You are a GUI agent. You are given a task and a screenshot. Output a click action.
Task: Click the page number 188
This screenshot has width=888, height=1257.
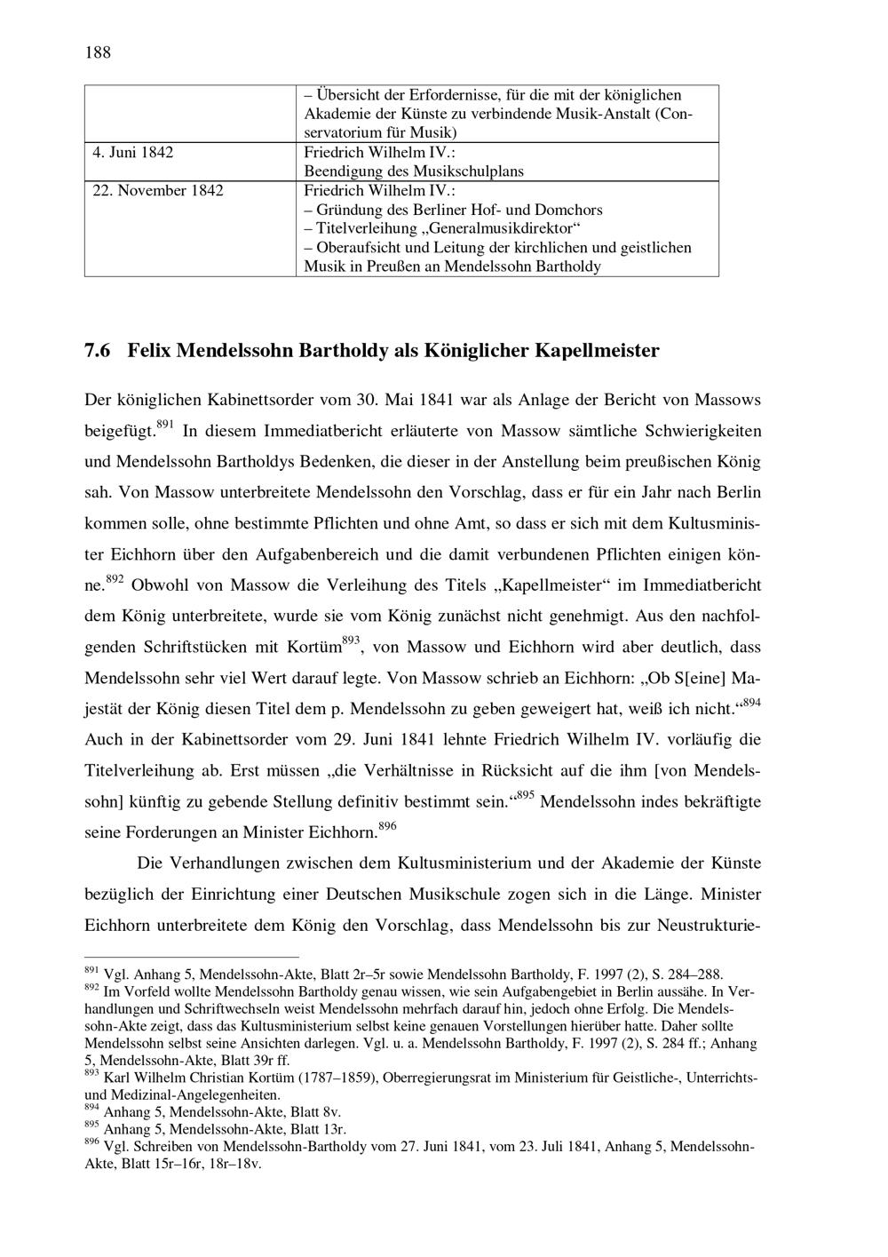tap(98, 52)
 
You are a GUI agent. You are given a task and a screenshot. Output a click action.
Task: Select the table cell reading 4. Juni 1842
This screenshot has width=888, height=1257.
tap(133, 152)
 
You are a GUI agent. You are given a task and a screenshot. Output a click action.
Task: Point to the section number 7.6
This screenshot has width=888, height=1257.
tap(98, 351)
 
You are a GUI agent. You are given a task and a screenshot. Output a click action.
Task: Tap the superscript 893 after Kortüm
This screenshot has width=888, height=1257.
tap(351, 640)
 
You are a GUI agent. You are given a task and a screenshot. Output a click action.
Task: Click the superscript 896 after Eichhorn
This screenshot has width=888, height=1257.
tap(387, 826)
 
